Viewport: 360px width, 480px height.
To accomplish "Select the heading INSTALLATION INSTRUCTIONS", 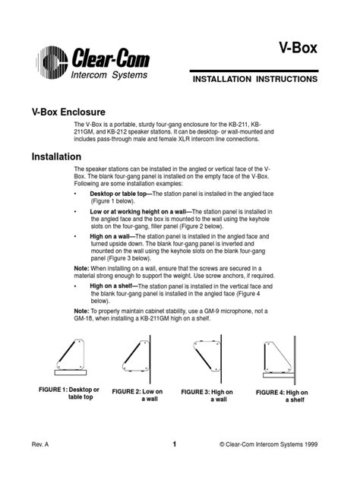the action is coord(254,78).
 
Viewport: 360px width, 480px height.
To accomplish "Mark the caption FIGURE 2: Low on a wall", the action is coord(137,396).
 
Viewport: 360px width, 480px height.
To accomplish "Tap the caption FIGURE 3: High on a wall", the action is coord(207,395).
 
